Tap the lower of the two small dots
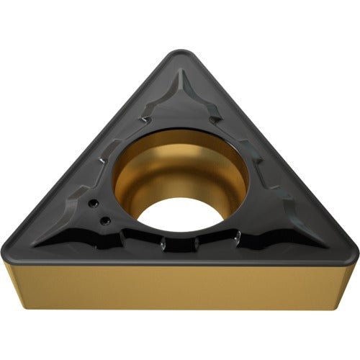click(104, 220)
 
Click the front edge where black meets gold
click(180, 266)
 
